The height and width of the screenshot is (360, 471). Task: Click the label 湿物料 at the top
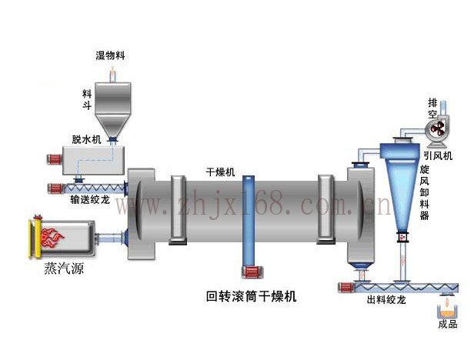pos(111,55)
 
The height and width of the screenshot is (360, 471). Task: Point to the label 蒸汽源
pos(63,271)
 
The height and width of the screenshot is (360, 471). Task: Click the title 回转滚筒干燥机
pos(252,295)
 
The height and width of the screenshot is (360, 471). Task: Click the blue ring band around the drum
pos(249,219)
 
